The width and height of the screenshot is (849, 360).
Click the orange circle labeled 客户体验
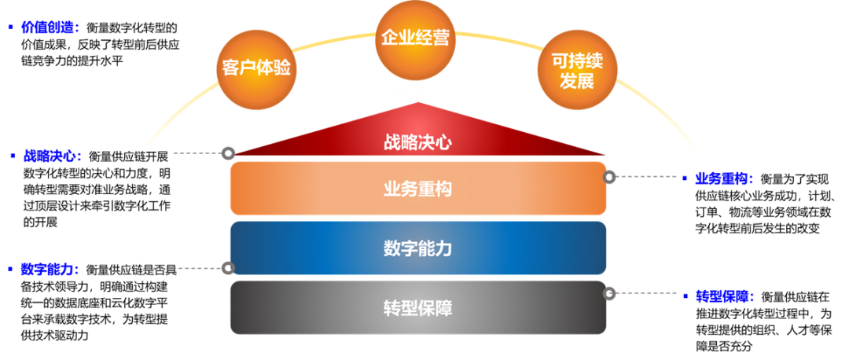click(256, 68)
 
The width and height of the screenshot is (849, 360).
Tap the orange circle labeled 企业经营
click(415, 38)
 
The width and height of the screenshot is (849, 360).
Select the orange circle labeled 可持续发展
click(577, 71)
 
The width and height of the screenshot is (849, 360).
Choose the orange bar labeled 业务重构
click(418, 189)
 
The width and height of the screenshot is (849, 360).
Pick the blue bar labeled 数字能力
click(418, 248)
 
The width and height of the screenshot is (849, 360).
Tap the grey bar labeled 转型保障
click(418, 307)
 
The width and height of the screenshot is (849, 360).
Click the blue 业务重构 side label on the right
click(724, 178)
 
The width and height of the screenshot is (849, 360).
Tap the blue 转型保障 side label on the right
click(724, 296)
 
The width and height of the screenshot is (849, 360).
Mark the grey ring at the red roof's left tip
click(228, 152)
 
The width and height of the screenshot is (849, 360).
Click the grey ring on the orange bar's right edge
click(609, 177)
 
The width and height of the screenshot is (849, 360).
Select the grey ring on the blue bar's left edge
click(228, 268)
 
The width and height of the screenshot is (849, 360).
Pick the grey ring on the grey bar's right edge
click(609, 293)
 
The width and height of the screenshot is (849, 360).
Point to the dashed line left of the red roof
click(197, 152)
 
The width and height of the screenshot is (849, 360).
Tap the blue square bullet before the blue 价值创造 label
click(10, 28)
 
